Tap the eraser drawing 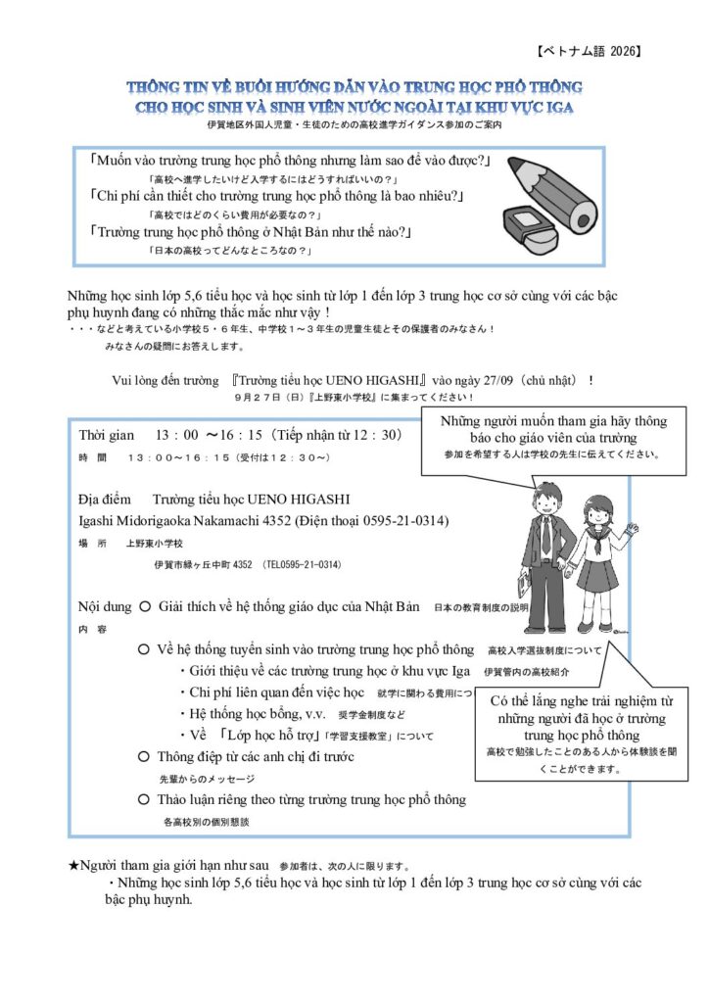pos(530,230)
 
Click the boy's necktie pos(546,538)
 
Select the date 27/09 pos(498,380)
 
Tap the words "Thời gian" pos(106,436)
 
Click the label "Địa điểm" pos(104,499)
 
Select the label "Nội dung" pos(105,606)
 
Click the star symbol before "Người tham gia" pos(73,866)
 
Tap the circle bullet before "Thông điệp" pos(144,757)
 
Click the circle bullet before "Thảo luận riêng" pos(144,799)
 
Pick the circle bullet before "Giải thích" pos(145,606)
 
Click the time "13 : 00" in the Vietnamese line pos(177,435)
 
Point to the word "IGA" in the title pos(559,107)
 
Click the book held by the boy pos(524,584)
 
